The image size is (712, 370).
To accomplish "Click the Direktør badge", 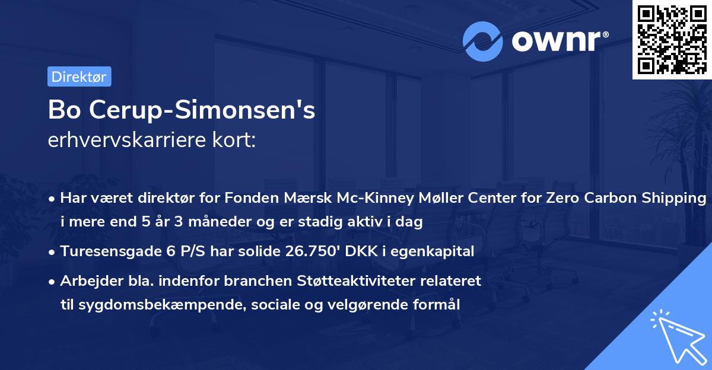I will [79, 76].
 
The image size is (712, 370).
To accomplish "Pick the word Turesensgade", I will [111, 251].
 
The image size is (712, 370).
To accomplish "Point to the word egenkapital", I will [439, 251].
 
